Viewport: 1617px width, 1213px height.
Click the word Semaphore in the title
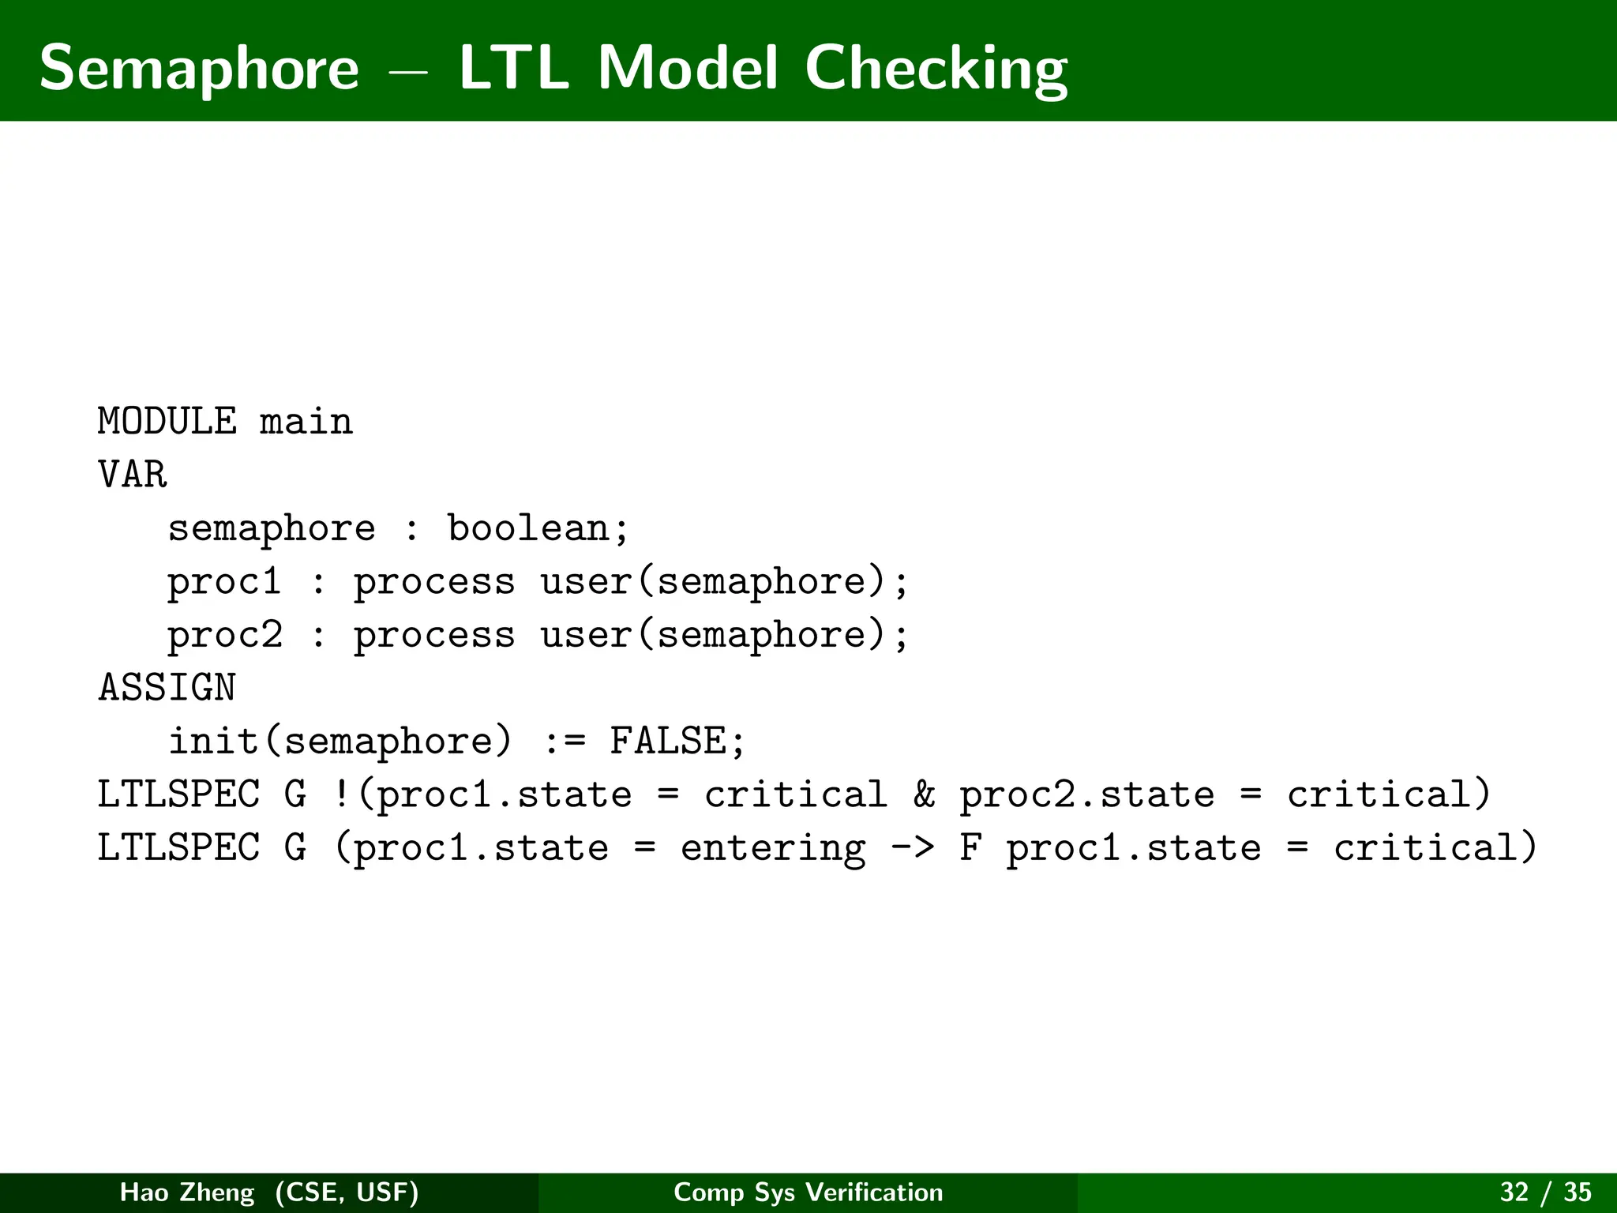pos(199,69)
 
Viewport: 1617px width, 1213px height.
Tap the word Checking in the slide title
pos(936,69)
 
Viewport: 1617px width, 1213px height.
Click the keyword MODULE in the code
pos(167,421)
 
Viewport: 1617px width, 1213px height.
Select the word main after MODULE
pos(306,422)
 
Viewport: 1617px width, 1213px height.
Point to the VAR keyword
pos(133,475)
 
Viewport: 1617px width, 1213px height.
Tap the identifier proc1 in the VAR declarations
pos(224,582)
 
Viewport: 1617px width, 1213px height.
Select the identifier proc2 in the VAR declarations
pos(224,635)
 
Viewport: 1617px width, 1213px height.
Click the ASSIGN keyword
pos(167,688)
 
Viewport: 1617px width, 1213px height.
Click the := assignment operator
pos(565,742)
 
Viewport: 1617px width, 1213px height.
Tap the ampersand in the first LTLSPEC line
pos(924,794)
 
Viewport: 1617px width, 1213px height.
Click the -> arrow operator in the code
pos(912,848)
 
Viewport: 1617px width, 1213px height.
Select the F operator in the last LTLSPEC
pos(970,847)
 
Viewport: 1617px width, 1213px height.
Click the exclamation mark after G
pos(342,794)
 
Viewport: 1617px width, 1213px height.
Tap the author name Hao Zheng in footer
pos(187,1192)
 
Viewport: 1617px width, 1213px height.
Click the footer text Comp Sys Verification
pos(808,1192)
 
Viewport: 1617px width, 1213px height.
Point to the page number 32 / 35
pos(1545,1192)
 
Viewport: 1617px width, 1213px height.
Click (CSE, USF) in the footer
pos(347,1192)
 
